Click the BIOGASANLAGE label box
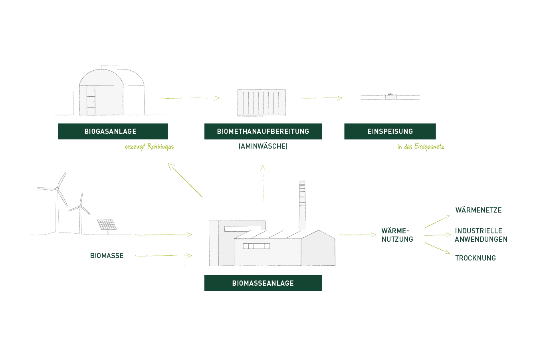[x=113, y=131]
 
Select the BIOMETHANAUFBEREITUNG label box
[x=263, y=131]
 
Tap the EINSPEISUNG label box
[x=390, y=131]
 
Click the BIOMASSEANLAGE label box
[x=262, y=284]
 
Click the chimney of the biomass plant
[x=302, y=204]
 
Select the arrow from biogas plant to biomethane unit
[x=190, y=97]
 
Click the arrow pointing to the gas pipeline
[x=322, y=97]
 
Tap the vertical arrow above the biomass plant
[x=263, y=182]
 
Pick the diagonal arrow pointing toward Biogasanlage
[x=185, y=180]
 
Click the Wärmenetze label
[x=477, y=209]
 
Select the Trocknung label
[x=477, y=257]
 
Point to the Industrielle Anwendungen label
[x=480, y=235]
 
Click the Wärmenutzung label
[x=397, y=235]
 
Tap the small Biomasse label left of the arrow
[x=107, y=256]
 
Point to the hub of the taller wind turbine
[x=57, y=189]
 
